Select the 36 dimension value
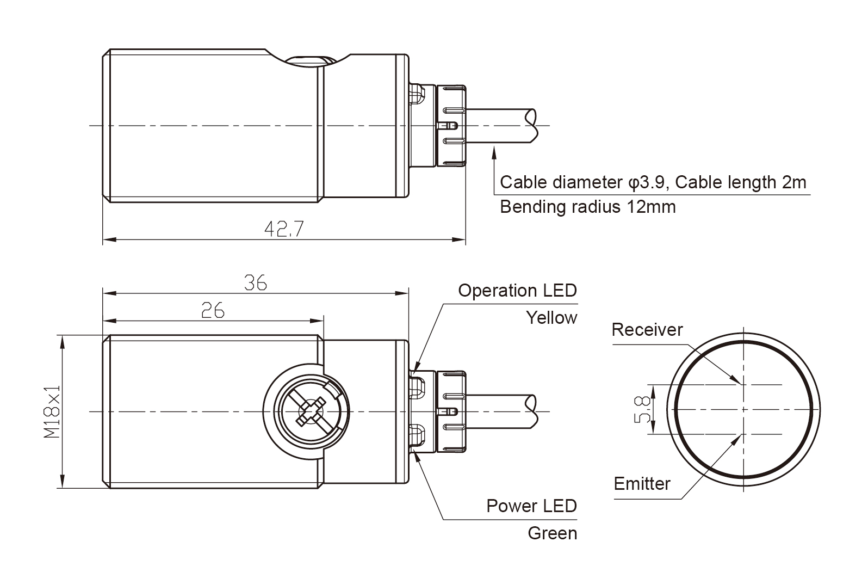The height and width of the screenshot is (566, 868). pyautogui.click(x=255, y=283)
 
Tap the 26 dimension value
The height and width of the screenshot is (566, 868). pyautogui.click(x=213, y=310)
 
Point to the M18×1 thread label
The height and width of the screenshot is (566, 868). pyautogui.click(x=52, y=411)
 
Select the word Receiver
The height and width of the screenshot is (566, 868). pyautogui.click(x=647, y=330)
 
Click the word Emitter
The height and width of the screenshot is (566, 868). pyautogui.click(x=642, y=483)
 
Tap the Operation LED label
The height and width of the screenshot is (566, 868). pyautogui.click(x=517, y=291)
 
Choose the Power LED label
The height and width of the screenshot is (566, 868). pyautogui.click(x=531, y=506)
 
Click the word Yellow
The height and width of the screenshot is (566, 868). pyautogui.click(x=551, y=318)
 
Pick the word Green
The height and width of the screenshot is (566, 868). pyautogui.click(x=552, y=533)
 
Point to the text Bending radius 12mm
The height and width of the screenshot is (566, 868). pyautogui.click(x=587, y=207)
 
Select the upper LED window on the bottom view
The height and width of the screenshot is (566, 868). pyautogui.click(x=417, y=385)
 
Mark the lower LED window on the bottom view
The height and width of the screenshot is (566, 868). pyautogui.click(x=417, y=436)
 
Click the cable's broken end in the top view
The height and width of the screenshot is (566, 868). pyautogui.click(x=532, y=126)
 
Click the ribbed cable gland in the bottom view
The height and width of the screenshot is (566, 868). pyautogui.click(x=451, y=411)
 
